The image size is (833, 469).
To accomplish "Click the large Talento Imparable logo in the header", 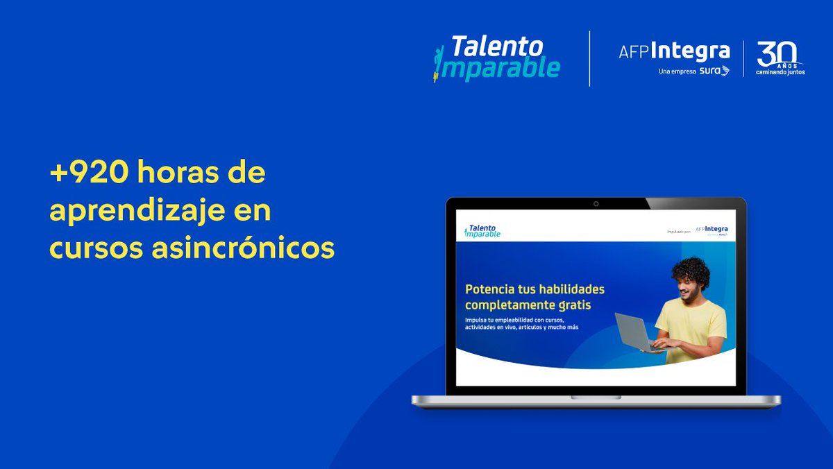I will pyautogui.click(x=496, y=58).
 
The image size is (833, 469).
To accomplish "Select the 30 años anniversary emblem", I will pyautogui.click(x=780, y=58).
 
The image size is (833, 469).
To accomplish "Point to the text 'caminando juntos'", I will pyautogui.click(x=780, y=71).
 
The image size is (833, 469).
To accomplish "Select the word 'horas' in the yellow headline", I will pyautogui.click(x=182, y=173).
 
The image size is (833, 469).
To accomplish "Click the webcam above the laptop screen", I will pyautogui.click(x=596, y=204).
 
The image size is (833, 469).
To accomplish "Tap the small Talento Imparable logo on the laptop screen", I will pyautogui.click(x=482, y=230).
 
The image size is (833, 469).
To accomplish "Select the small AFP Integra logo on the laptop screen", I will pyautogui.click(x=712, y=230).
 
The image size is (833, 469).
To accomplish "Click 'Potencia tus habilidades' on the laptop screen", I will pyautogui.click(x=535, y=289).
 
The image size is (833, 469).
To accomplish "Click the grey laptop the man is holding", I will pyautogui.click(x=634, y=332).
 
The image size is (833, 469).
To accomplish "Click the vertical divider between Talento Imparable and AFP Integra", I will pyautogui.click(x=589, y=58).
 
